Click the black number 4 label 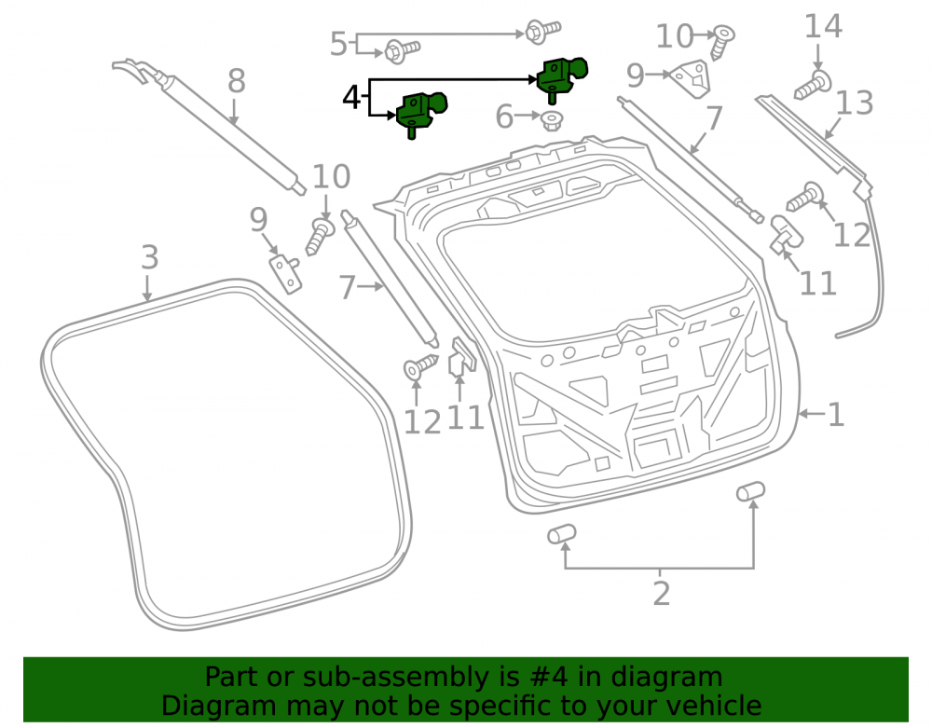point(351,97)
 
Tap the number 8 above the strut point(237,81)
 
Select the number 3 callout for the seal point(150,257)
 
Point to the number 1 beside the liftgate point(836,414)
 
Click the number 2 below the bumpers point(662,594)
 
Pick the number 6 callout point(504,117)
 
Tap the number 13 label point(854,103)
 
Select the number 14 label point(823,27)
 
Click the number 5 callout point(338,44)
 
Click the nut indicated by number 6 point(553,121)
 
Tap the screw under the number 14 point(813,85)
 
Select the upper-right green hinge point(561,78)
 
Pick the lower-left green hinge point(421,113)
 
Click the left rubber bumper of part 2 point(562,534)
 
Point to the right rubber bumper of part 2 point(750,491)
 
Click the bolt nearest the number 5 point(403,50)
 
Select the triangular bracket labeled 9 point(692,78)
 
